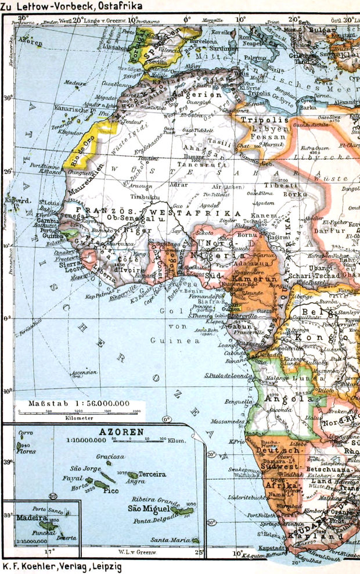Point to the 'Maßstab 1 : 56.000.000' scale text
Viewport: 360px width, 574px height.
79,403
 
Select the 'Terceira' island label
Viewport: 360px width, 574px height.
152,474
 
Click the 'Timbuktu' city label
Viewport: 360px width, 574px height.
143,197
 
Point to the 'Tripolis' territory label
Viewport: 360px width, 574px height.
256,120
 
